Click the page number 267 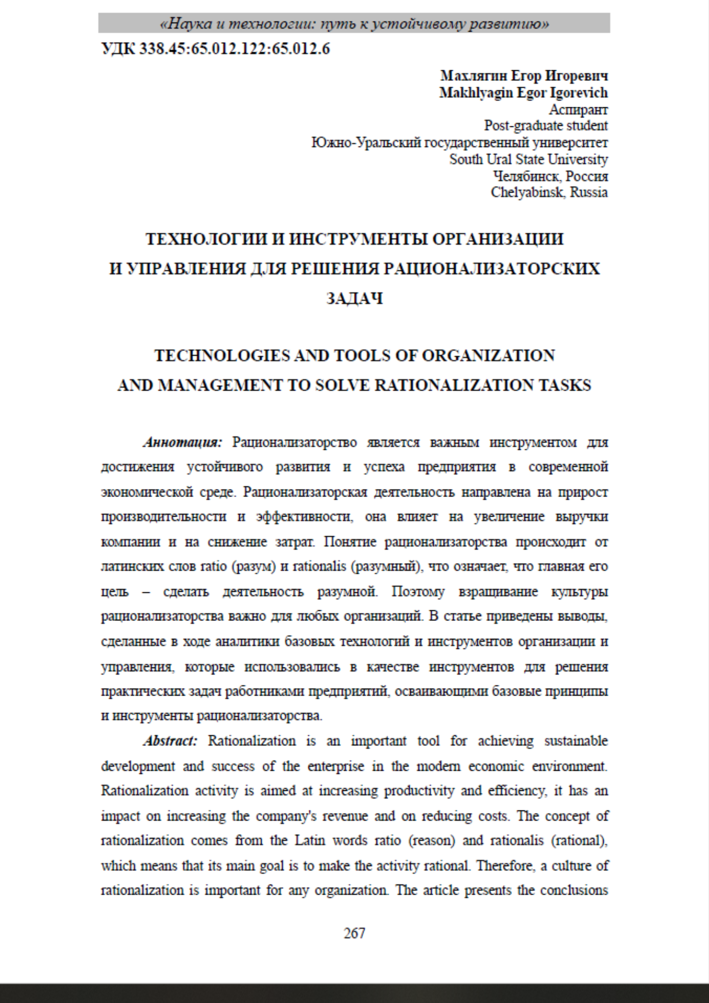[x=354, y=933]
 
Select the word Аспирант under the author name [x=578, y=109]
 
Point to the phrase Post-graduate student [x=546, y=125]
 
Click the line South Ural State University [x=528, y=159]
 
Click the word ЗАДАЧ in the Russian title [x=355, y=298]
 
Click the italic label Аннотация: [x=183, y=442]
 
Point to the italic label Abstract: [x=170, y=741]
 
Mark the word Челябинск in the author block [x=526, y=176]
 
